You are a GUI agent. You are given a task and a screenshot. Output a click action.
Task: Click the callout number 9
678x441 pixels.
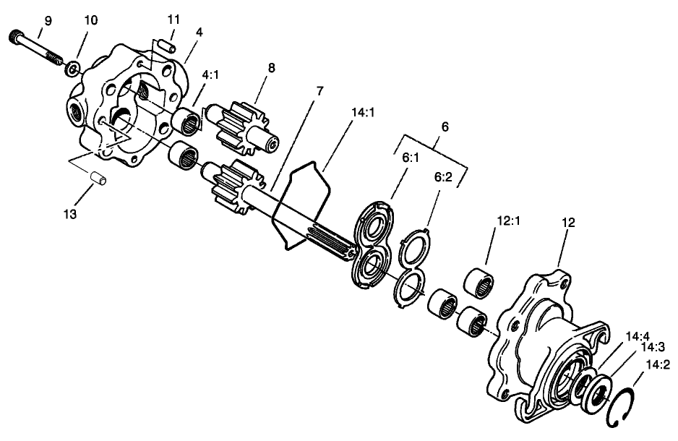(x=48, y=21)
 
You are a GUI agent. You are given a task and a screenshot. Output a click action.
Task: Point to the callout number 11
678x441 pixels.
(x=174, y=20)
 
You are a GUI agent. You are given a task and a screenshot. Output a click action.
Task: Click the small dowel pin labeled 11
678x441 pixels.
(x=168, y=45)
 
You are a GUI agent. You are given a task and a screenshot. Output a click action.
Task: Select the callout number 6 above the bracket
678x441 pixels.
(x=445, y=127)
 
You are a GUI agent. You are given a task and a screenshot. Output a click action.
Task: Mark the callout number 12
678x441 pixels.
(x=567, y=223)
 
